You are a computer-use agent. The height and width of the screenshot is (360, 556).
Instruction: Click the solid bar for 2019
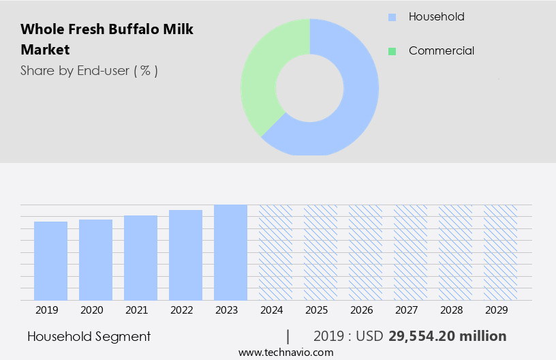(x=50, y=261)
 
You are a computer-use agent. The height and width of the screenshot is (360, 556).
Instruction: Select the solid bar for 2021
(x=140, y=258)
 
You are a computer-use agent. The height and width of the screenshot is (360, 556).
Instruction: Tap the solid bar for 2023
(x=230, y=252)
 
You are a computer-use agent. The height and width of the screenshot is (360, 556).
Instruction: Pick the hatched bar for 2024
(x=275, y=252)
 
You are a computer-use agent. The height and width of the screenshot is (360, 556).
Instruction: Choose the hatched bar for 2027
(x=410, y=252)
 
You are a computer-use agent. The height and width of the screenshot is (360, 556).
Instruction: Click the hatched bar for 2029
(x=500, y=252)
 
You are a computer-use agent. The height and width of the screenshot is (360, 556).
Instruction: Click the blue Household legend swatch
(x=392, y=17)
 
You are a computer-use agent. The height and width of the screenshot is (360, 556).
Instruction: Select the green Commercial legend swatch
(x=392, y=51)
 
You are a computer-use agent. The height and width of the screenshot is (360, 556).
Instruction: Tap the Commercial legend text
(x=441, y=51)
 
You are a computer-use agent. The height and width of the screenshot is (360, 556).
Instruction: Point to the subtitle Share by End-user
(x=89, y=70)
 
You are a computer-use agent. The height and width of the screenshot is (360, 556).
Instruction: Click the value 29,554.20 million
(x=447, y=336)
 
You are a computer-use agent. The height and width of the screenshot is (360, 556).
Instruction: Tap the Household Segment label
(x=89, y=336)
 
